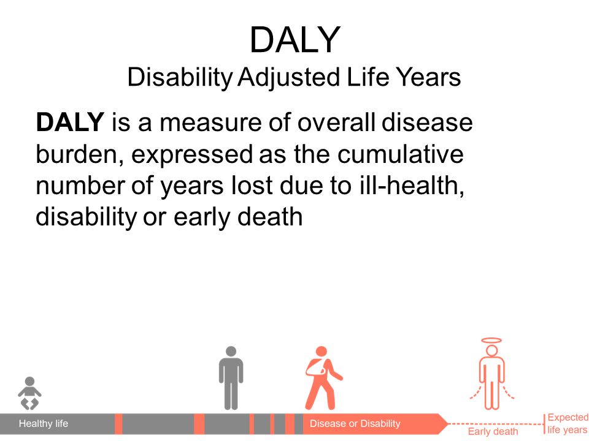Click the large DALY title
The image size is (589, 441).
coord(295,40)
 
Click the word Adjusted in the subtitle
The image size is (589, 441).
coord(288,78)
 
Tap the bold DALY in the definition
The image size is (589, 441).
coord(70,122)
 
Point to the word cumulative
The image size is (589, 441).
coord(401,154)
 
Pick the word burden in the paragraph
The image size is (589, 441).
coord(80,154)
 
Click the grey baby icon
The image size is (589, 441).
coord(29,393)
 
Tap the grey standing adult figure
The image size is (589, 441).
coord(231,378)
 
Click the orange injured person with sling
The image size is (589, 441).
coord(323,378)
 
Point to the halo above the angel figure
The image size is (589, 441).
coord(491,341)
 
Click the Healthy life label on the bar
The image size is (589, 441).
coord(44,424)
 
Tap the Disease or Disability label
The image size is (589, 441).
coord(355,424)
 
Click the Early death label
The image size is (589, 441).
coord(493,432)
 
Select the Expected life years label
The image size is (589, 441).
coord(568,423)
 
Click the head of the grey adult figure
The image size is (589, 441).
coord(231,352)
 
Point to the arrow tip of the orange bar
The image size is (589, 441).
coord(448,424)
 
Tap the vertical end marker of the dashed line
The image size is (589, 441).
coord(544,424)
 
